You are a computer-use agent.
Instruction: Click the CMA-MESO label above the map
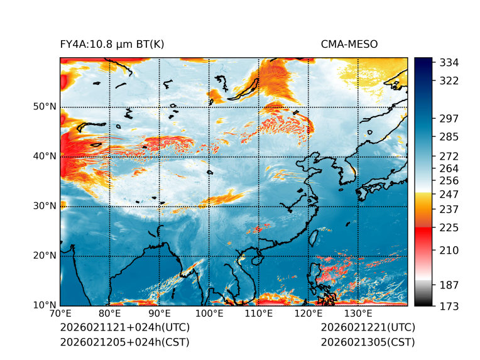coord(349,45)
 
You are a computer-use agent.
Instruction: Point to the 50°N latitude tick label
coord(45,107)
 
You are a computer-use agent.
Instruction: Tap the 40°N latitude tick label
coord(45,156)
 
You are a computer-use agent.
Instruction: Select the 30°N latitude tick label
coord(45,206)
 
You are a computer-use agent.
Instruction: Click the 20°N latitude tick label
coord(45,256)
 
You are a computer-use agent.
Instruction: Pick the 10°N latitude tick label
coord(45,305)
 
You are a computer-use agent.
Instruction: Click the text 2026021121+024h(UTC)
coord(124,328)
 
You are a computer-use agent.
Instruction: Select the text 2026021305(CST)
coord(368,342)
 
